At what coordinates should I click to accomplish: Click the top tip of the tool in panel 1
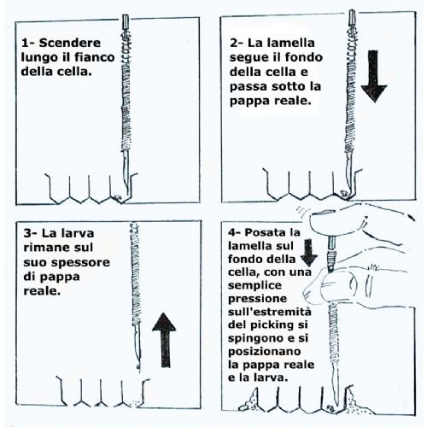coord(131,17)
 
